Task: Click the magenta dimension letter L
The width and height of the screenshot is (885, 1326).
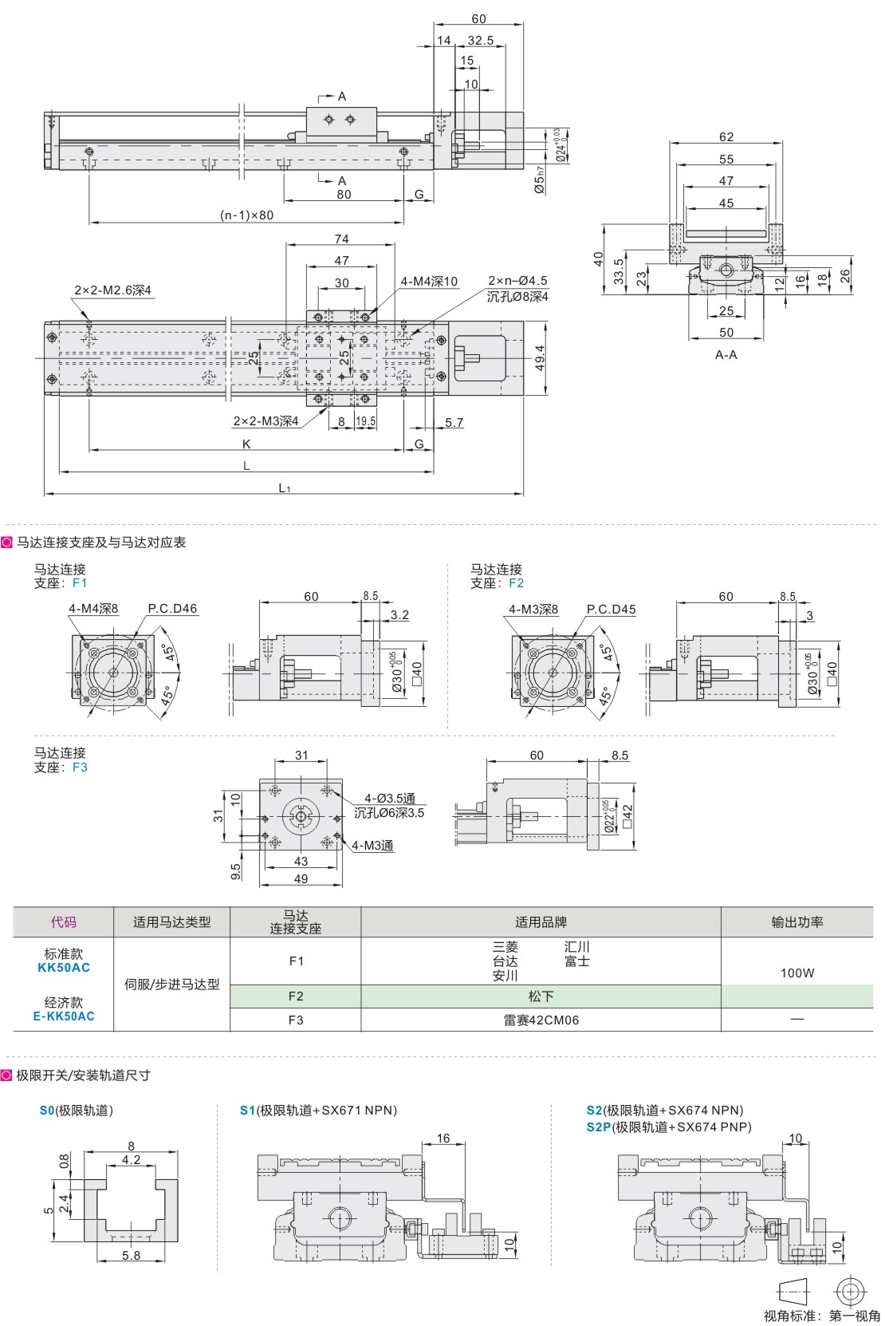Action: [x=246, y=466]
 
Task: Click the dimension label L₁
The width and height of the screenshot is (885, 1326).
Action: [x=284, y=487]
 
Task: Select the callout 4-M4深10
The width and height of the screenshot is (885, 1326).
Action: [x=429, y=282]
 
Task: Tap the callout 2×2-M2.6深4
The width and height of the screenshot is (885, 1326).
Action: [x=112, y=290]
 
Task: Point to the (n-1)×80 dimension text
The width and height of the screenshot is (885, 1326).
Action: [x=246, y=215]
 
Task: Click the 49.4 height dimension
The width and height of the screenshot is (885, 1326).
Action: [x=540, y=358]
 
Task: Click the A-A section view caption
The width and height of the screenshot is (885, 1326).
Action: [x=726, y=355]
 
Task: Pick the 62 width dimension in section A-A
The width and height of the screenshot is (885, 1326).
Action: [x=726, y=137]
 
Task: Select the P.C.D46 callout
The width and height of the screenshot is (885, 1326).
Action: [x=172, y=609]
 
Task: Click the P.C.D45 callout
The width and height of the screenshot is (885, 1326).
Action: [x=611, y=610]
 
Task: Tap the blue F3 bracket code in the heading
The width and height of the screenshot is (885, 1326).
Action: [x=80, y=768]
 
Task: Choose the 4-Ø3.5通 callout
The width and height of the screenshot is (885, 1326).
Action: [x=390, y=799]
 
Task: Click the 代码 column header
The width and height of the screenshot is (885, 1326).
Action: [x=64, y=922]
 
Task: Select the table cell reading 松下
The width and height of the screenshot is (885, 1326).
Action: [x=541, y=996]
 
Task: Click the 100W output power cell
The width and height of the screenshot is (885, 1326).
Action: [x=797, y=973]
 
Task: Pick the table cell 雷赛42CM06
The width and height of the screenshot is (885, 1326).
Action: [x=541, y=1020]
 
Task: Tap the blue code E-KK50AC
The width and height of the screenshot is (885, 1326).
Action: [x=64, y=1016]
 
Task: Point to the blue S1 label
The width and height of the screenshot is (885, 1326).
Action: [x=247, y=1111]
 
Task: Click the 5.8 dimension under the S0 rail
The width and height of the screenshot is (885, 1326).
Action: [x=132, y=1256]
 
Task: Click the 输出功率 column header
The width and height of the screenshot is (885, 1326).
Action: [x=797, y=922]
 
